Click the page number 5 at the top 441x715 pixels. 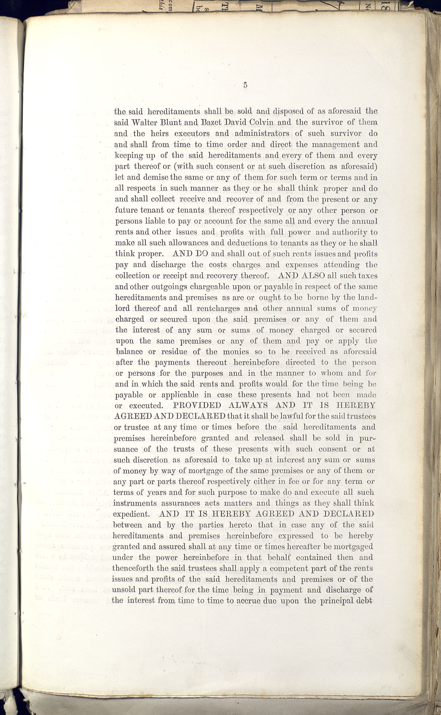click(x=245, y=85)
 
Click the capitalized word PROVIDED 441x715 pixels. click(x=197, y=405)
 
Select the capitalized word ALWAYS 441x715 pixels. click(x=248, y=405)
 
